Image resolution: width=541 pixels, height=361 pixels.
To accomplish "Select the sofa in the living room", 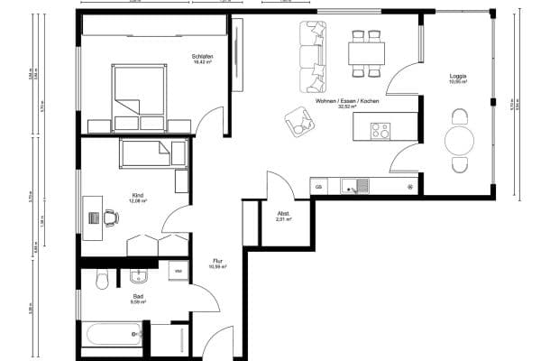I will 314,56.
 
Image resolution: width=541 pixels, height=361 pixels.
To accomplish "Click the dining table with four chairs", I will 366,51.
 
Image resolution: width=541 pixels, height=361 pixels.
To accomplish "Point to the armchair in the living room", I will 297,121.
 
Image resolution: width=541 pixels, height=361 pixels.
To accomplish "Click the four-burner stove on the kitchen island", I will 380,131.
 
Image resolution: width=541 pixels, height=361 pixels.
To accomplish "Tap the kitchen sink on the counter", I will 350,187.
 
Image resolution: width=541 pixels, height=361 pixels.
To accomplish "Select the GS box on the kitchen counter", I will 318,187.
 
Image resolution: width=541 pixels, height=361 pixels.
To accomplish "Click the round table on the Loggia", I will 460,141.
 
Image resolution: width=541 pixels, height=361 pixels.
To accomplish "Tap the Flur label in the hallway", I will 217,261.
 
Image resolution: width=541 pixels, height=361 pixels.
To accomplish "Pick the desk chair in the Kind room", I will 110,218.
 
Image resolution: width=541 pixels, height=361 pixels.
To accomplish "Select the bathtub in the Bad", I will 113,336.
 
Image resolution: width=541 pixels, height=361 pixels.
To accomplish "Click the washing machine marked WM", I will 178,270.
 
